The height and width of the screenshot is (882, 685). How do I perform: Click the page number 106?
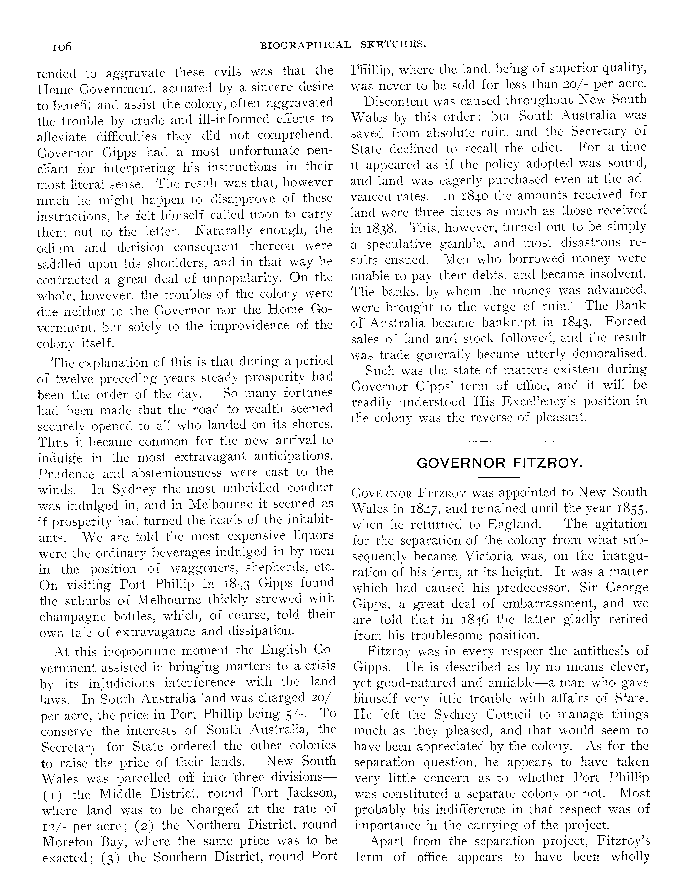tap(62, 47)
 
